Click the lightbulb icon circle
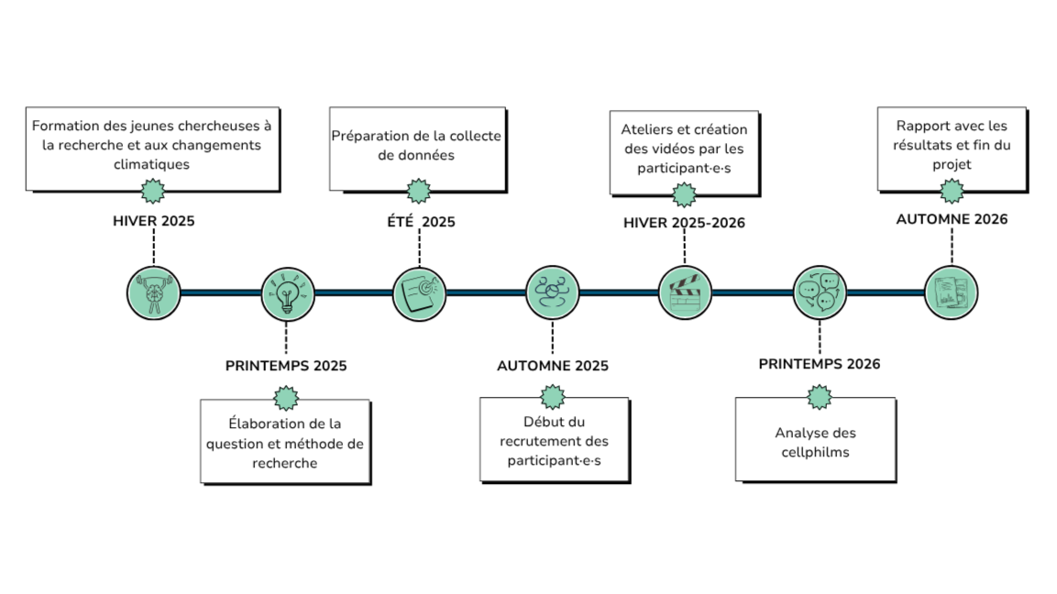click(x=288, y=294)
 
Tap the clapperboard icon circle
click(x=685, y=292)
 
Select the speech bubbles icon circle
click(x=819, y=292)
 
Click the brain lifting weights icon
click(x=154, y=293)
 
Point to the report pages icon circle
click(x=951, y=292)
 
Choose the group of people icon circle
click(x=552, y=292)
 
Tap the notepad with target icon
click(x=419, y=294)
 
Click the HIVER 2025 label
click(x=154, y=221)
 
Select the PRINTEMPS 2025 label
click(x=286, y=366)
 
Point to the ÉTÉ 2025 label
click(x=421, y=222)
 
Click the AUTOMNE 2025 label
click(x=553, y=366)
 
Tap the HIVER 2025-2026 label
click(x=684, y=223)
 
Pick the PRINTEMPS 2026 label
click(x=819, y=364)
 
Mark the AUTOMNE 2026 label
click(x=952, y=219)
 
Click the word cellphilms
click(x=815, y=453)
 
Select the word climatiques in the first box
click(x=151, y=164)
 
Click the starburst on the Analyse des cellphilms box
click(x=819, y=398)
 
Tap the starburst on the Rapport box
click(x=952, y=192)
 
